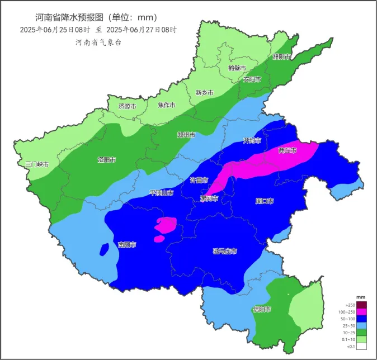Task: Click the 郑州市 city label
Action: coord(186,135)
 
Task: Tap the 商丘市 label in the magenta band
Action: coord(287,150)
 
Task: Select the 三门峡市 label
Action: coord(37,164)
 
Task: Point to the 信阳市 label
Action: coord(262,309)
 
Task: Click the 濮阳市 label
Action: coord(281,57)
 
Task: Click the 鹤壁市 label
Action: coord(237,68)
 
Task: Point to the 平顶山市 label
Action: coord(161,193)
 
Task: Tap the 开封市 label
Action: coord(252,140)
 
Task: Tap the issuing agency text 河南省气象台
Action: coord(98,42)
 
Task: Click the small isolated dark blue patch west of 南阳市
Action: coord(103,248)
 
